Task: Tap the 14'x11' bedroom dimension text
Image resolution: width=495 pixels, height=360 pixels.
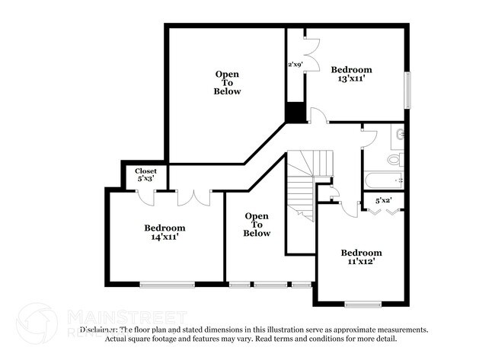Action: (164, 237)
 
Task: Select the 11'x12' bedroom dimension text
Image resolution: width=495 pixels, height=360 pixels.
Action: (361, 262)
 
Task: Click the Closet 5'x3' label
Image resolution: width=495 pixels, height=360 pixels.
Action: (145, 176)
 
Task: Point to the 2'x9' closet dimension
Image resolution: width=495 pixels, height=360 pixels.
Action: (295, 65)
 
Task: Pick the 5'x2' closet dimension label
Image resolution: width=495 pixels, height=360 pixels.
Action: (384, 201)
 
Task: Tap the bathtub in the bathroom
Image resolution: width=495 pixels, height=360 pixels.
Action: (383, 182)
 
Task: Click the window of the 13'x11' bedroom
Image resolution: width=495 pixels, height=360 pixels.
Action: (407, 90)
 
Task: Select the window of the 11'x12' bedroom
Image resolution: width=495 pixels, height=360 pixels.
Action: (362, 304)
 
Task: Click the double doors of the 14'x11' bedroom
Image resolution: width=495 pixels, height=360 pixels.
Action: (193, 196)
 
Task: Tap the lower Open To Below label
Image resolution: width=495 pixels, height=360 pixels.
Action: (257, 225)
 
